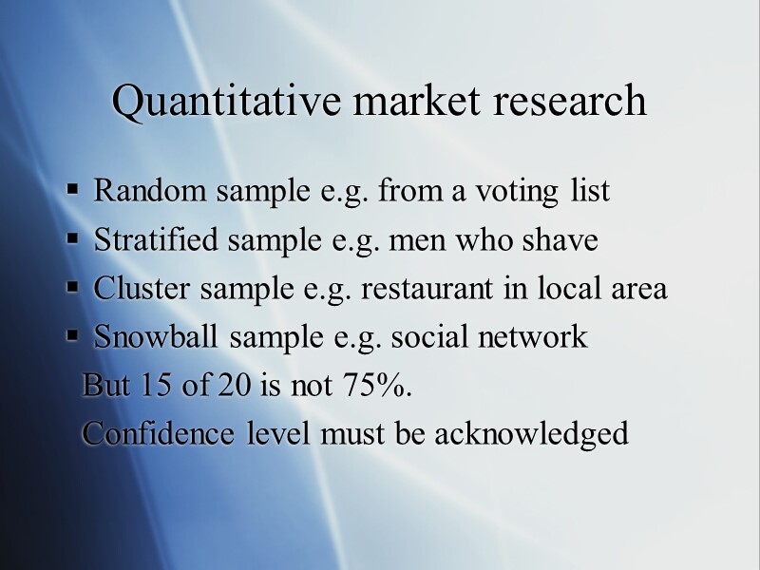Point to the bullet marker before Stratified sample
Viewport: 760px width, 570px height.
click(x=73, y=241)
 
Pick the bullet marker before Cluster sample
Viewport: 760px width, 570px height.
click(x=73, y=290)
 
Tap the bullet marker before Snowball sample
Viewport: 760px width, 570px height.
click(x=73, y=338)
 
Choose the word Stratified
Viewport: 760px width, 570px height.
click(x=156, y=240)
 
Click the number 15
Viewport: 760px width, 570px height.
click(x=150, y=387)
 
